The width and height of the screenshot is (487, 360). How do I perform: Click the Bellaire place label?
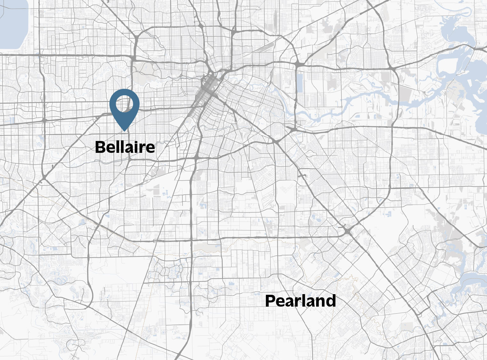click(125, 147)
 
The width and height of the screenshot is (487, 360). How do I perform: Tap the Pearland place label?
click(300, 301)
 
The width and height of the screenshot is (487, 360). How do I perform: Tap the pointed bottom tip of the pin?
click(124, 130)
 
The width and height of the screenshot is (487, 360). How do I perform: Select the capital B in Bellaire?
click(100, 147)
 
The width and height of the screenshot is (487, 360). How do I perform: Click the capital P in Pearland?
click(271, 301)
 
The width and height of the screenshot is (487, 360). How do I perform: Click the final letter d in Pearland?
click(331, 301)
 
